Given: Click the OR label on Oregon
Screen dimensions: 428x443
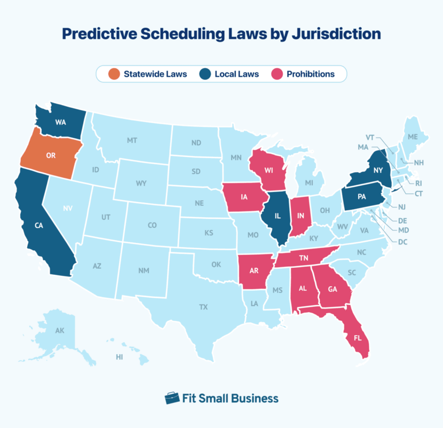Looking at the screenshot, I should tap(51, 155).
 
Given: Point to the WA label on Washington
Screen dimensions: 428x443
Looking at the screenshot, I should tap(60, 122).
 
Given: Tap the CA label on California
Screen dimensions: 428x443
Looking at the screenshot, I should tap(38, 225).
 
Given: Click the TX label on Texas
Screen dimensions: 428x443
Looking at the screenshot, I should tap(203, 307).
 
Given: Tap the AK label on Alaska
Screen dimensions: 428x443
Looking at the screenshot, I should tap(60, 331).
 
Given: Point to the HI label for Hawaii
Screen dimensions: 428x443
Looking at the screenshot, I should tap(120, 357).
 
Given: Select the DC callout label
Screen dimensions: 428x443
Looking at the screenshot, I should tap(402, 242).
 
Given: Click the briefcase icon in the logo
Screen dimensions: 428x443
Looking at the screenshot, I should tap(172, 398).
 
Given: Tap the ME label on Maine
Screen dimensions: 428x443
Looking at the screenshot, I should tap(413, 137).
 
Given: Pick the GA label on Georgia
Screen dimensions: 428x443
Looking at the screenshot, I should tap(333, 289).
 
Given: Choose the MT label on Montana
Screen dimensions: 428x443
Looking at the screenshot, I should tap(132, 140).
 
